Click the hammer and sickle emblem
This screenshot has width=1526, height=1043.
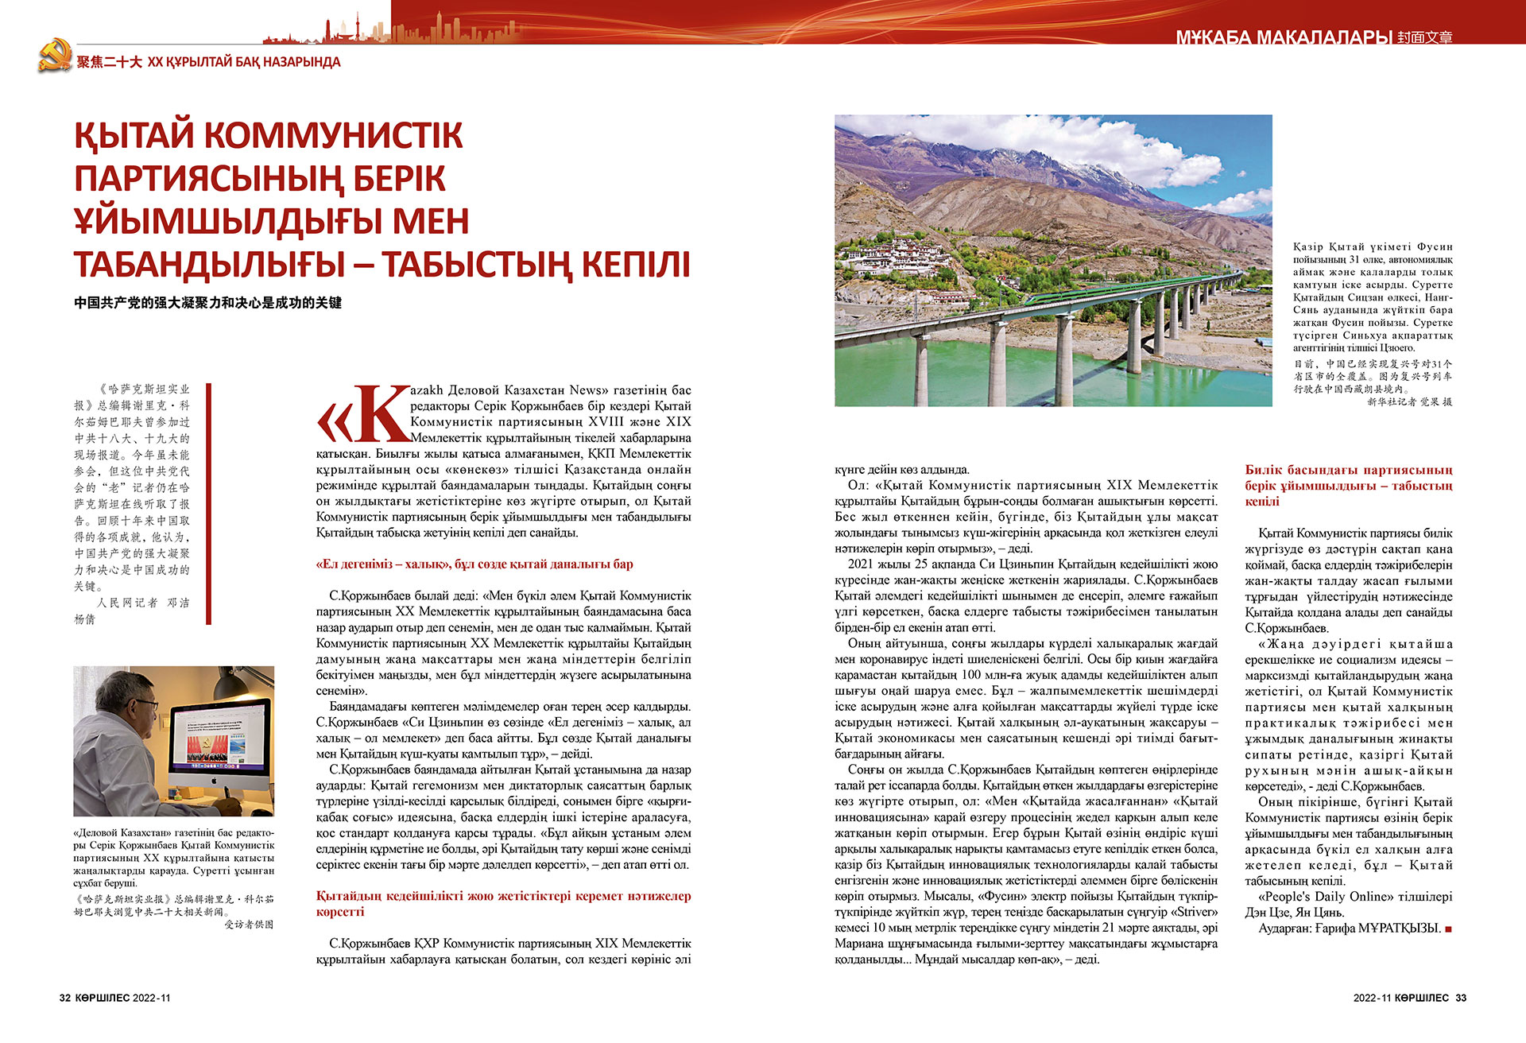[54, 56]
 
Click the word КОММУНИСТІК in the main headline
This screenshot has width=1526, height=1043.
[334, 135]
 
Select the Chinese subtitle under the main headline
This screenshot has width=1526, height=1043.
[207, 303]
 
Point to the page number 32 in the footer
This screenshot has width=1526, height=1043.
[65, 998]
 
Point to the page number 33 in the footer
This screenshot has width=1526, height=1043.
[1461, 998]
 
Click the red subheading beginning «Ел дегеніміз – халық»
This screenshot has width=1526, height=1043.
[474, 564]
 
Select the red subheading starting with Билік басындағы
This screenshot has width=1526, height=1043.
[1348, 486]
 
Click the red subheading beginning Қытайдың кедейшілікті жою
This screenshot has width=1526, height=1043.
[503, 904]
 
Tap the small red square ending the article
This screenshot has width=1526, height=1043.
[1449, 929]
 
